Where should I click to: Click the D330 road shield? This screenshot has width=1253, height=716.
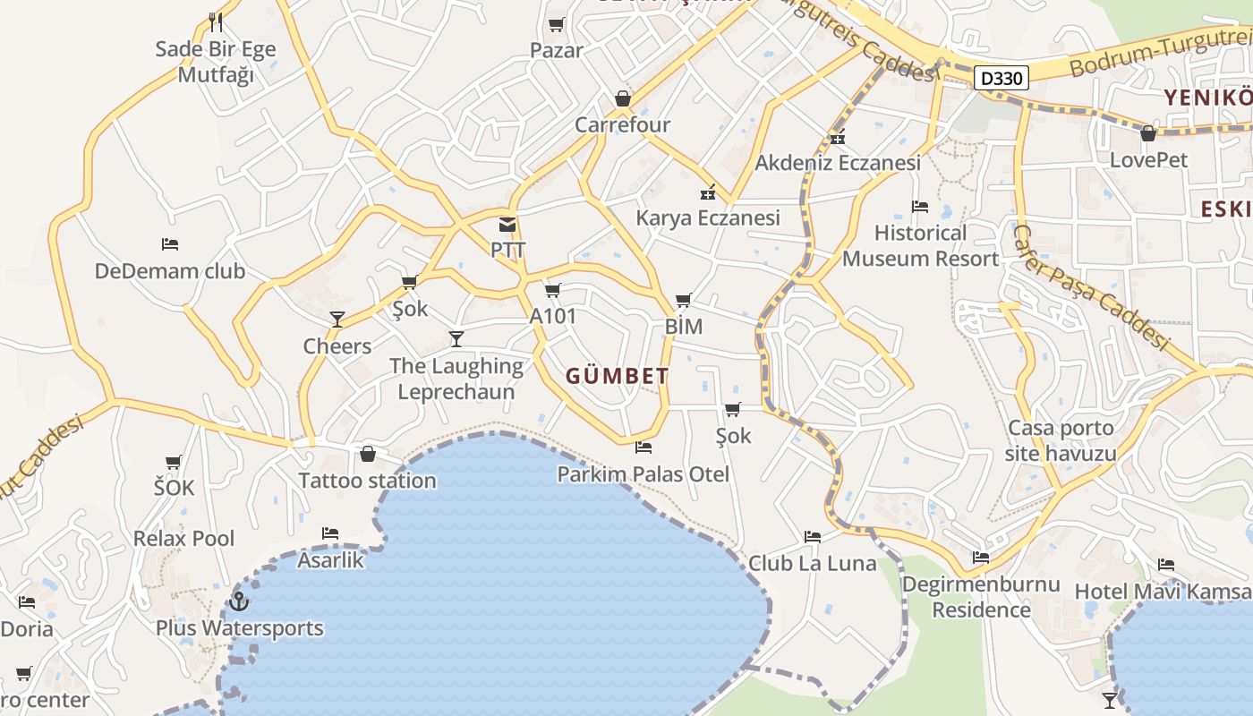tap(1001, 78)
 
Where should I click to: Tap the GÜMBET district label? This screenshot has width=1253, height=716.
tap(617, 376)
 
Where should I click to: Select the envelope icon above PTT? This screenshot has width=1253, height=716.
tap(507, 224)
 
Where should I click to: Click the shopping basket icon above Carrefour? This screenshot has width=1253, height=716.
tap(623, 98)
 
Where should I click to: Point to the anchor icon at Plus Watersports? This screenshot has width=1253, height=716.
tap(239, 601)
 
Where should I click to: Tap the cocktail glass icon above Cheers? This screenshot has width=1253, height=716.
tap(337, 320)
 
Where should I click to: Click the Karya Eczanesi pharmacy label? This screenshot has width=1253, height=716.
tap(708, 217)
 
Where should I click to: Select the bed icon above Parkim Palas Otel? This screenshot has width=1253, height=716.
tap(643, 447)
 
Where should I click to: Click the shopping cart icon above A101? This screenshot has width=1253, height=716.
tap(553, 290)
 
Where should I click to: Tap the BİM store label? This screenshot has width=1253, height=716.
tap(684, 327)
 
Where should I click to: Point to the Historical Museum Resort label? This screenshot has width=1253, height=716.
tap(920, 246)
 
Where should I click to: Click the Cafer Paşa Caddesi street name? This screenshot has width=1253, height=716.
tap(1090, 286)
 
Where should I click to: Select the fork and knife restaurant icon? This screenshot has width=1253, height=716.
tap(215, 21)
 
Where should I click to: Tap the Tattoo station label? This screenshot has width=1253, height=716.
tap(367, 481)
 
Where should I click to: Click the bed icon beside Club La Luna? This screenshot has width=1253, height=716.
tap(813, 537)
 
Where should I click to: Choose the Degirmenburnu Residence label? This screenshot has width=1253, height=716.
tap(981, 597)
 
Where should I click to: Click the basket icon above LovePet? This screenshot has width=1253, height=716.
tap(1148, 134)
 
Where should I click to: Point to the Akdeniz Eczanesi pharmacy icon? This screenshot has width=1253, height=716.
tap(838, 137)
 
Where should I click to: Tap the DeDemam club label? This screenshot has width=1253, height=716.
tap(170, 271)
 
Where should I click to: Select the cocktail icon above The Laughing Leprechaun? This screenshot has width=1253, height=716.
tap(456, 338)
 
